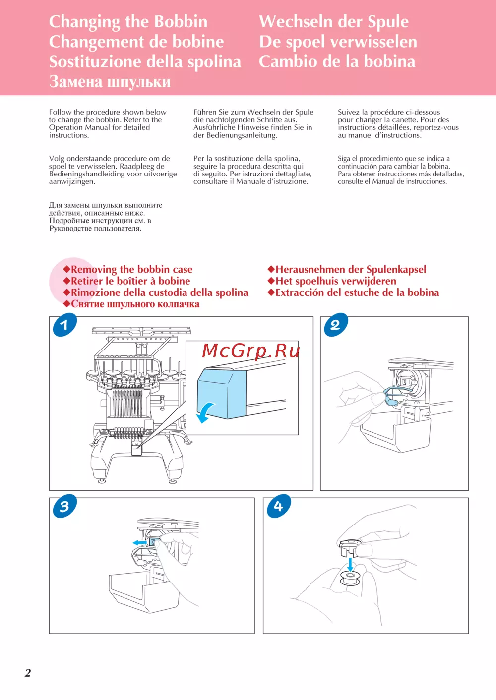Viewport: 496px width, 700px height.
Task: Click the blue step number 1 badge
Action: [x=65, y=325]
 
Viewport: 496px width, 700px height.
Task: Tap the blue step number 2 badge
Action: [x=336, y=325]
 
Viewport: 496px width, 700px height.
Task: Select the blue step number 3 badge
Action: [x=65, y=506]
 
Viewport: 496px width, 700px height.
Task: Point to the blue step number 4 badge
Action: [x=279, y=506]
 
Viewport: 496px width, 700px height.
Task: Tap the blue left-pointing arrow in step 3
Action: [x=139, y=543]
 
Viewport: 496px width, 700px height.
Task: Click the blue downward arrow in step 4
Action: [x=351, y=565]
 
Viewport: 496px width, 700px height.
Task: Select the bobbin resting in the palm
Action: [x=351, y=578]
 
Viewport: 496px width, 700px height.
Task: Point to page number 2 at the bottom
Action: [x=28, y=673]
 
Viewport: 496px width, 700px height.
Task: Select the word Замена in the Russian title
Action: [x=76, y=82]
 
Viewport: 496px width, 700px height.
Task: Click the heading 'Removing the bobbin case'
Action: [x=128, y=269]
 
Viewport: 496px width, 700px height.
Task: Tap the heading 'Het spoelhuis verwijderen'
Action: [x=332, y=281]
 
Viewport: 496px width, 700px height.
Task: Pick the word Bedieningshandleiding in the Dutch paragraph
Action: [x=85, y=174]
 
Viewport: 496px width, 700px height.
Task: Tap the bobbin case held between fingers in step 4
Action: [x=350, y=547]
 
